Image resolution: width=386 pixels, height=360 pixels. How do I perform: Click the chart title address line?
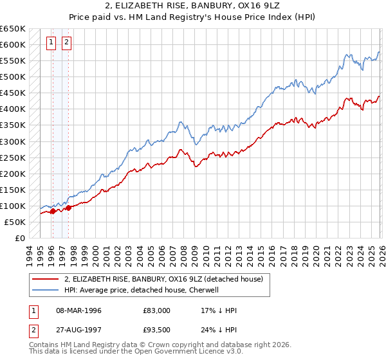[x=193, y=6]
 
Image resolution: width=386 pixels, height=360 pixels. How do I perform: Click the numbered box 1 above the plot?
[x=51, y=43]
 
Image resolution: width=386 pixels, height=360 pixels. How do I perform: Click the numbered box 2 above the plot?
[x=67, y=43]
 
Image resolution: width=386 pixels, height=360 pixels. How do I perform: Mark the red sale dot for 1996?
[x=53, y=211]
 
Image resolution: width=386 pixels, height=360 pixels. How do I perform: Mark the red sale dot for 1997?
[x=68, y=208]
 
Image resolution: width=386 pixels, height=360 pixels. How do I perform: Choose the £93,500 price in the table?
[x=156, y=331]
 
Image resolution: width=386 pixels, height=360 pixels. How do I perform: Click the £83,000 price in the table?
[x=156, y=310]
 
